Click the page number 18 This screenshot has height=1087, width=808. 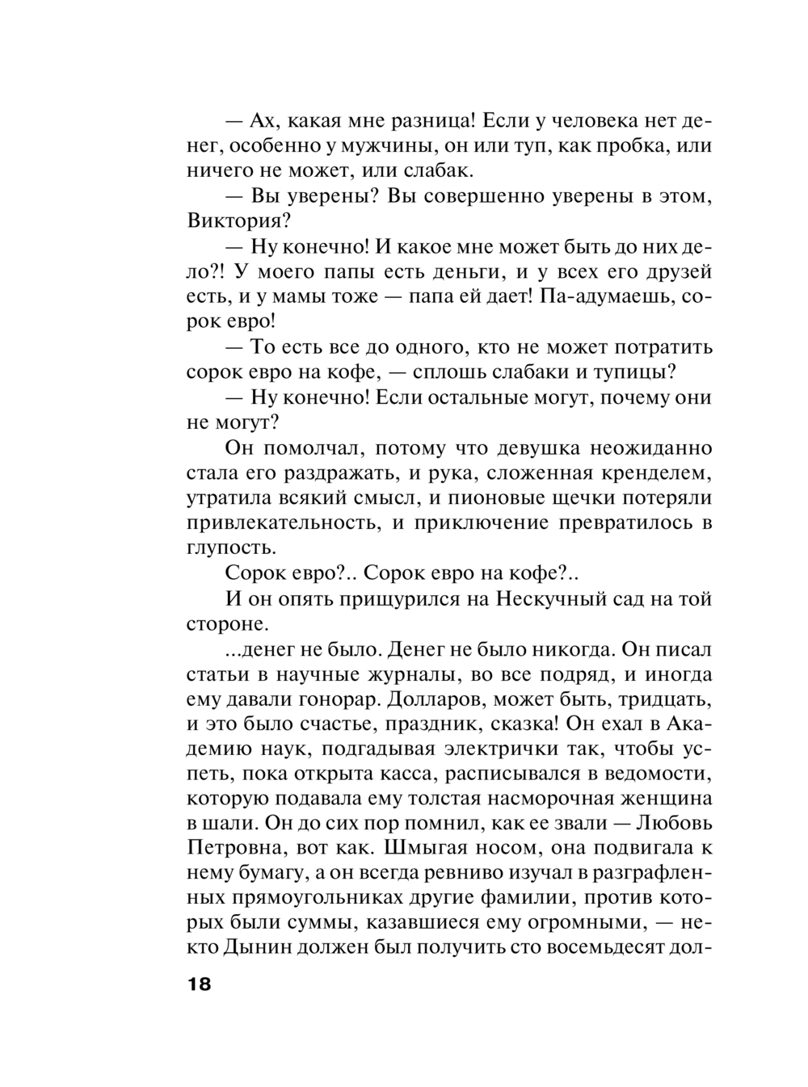pos(199,984)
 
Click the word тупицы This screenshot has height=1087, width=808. pos(638,372)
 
